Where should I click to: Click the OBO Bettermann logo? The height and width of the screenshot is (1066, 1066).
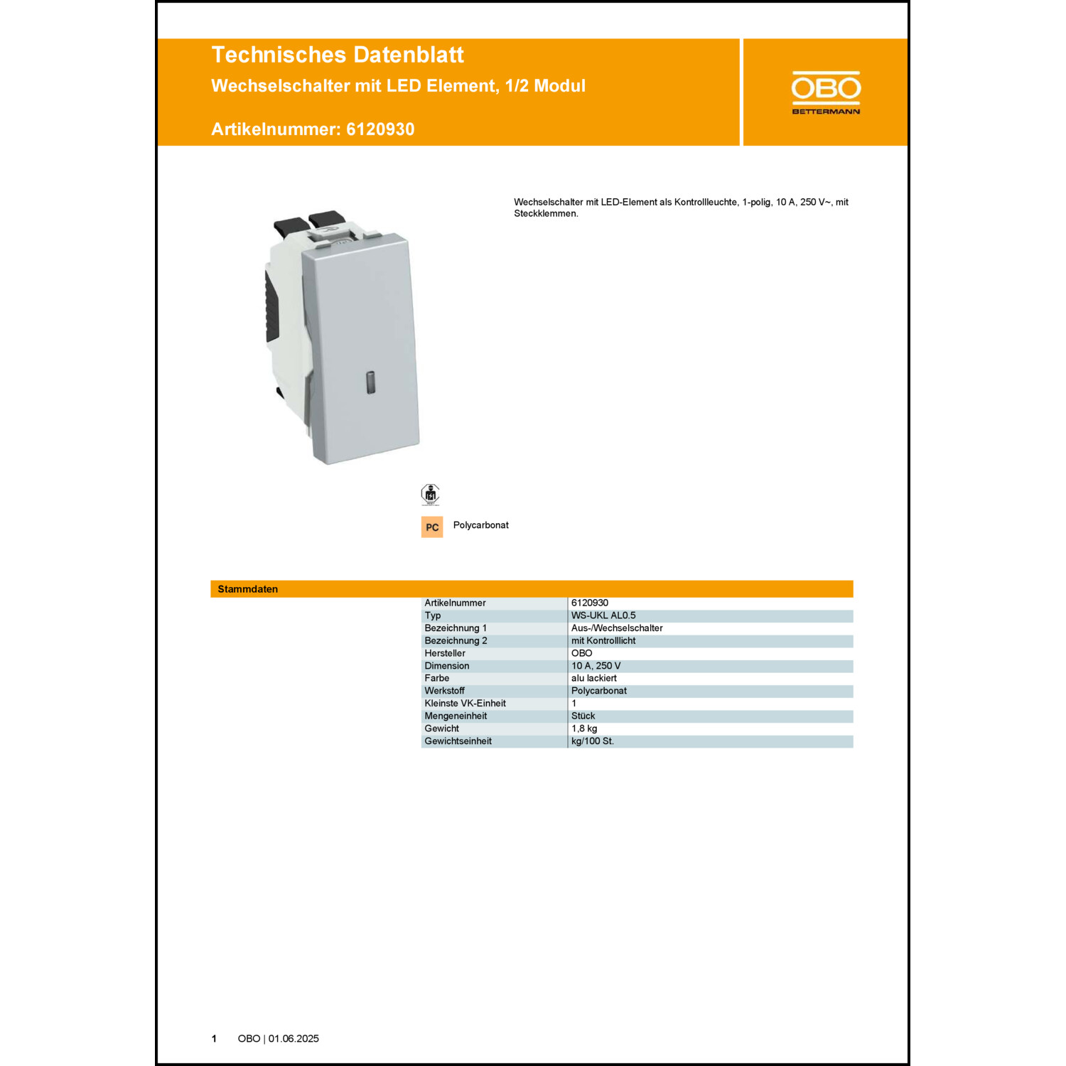click(x=826, y=92)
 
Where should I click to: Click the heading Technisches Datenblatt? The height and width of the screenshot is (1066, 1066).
click(x=338, y=55)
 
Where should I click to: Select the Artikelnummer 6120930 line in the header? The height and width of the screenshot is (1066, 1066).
click(x=313, y=129)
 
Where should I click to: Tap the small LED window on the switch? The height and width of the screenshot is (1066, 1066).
click(x=371, y=382)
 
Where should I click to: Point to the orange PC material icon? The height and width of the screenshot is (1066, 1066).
click(x=432, y=527)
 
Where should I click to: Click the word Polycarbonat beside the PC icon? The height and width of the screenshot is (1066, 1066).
click(x=481, y=525)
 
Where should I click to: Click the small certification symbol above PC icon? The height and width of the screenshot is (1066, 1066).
click(x=430, y=494)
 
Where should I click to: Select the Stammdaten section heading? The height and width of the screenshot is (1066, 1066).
click(x=248, y=589)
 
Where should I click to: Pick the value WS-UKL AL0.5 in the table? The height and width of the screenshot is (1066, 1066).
click(x=603, y=615)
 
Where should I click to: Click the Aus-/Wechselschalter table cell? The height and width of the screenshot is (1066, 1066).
click(x=617, y=628)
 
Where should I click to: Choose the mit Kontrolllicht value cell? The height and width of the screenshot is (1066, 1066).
click(x=603, y=641)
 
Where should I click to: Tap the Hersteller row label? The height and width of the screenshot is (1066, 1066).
click(x=445, y=653)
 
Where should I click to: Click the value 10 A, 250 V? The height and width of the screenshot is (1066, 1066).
click(x=596, y=666)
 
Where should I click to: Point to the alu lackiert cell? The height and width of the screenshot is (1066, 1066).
click(x=594, y=678)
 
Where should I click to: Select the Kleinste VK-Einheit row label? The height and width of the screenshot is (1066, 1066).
click(x=465, y=704)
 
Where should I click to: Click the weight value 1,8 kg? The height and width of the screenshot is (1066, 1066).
click(x=584, y=728)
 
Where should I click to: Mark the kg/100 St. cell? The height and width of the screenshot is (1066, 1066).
click(x=593, y=741)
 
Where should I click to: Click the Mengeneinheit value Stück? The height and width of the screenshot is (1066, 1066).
click(x=583, y=716)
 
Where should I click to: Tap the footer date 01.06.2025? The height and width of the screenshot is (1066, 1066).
click(x=294, y=1039)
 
